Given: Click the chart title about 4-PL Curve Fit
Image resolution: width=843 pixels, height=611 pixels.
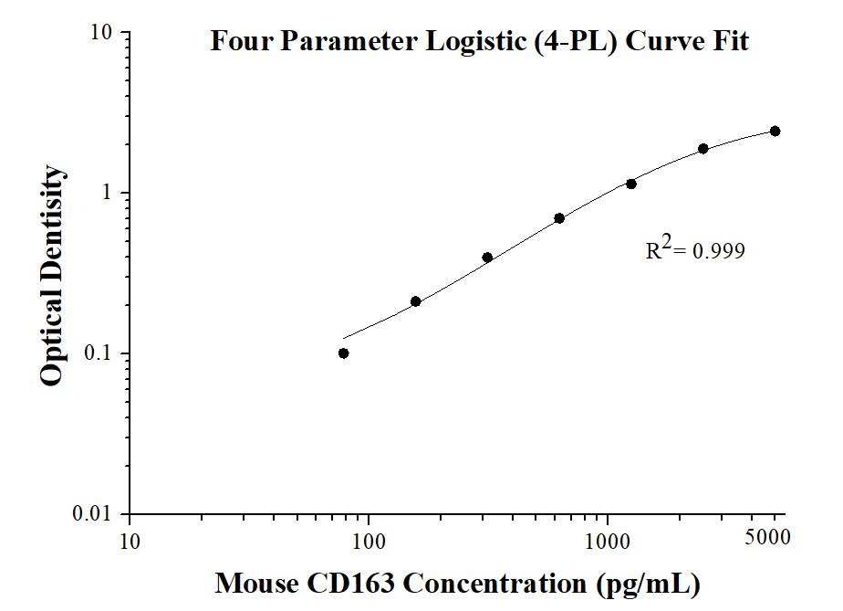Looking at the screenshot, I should pyautogui.click(x=479, y=41).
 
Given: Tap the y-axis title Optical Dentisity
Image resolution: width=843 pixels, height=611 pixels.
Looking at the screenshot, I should pyautogui.click(x=52, y=276).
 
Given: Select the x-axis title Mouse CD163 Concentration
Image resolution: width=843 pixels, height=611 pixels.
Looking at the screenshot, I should pyautogui.click(x=457, y=583).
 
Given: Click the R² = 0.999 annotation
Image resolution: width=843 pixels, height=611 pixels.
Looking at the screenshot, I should pyautogui.click(x=695, y=250).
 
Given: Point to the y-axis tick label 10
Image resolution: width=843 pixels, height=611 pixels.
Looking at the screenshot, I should pyautogui.click(x=101, y=34).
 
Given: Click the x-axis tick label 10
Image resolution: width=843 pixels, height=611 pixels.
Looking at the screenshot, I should pyautogui.click(x=130, y=540).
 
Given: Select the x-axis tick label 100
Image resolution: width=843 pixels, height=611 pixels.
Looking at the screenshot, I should pyautogui.click(x=369, y=540).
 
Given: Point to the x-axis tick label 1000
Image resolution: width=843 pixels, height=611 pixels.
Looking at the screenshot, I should pyautogui.click(x=608, y=540).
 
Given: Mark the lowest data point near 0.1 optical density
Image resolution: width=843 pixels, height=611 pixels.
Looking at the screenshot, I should pyautogui.click(x=343, y=353).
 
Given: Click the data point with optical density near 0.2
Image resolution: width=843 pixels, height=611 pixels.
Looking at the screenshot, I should pyautogui.click(x=415, y=301).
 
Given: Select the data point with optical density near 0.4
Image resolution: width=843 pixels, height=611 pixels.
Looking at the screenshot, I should pyautogui.click(x=487, y=258).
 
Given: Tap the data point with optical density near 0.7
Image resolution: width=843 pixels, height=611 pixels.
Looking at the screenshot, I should pyautogui.click(x=559, y=218).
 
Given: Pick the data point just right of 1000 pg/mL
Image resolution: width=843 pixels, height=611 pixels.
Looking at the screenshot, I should pyautogui.click(x=631, y=184).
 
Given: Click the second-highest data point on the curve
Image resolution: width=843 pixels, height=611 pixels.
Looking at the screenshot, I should pyautogui.click(x=703, y=149).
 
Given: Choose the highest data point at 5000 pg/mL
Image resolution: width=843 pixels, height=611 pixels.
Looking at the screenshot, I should pyautogui.click(x=775, y=131).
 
